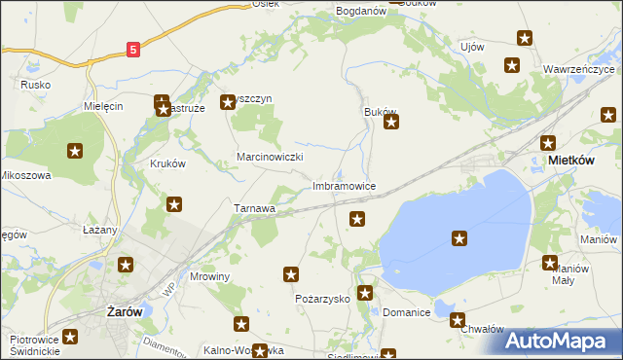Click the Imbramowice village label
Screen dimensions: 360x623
(x=343, y=185)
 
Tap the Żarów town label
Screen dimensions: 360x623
(x=124, y=312)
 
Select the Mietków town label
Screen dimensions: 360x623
(x=571, y=159)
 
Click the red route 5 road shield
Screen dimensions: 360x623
(x=133, y=48)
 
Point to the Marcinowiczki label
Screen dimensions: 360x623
(x=272, y=157)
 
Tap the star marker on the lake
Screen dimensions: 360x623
(x=459, y=237)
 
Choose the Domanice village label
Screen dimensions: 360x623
(x=406, y=313)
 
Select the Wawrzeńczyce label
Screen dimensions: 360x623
(x=578, y=70)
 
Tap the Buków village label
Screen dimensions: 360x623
(x=380, y=112)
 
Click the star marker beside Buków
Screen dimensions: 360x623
(x=391, y=123)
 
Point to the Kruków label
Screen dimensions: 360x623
(x=167, y=163)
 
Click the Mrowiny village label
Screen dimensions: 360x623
(x=209, y=276)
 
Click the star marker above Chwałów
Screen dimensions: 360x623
(x=458, y=319)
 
